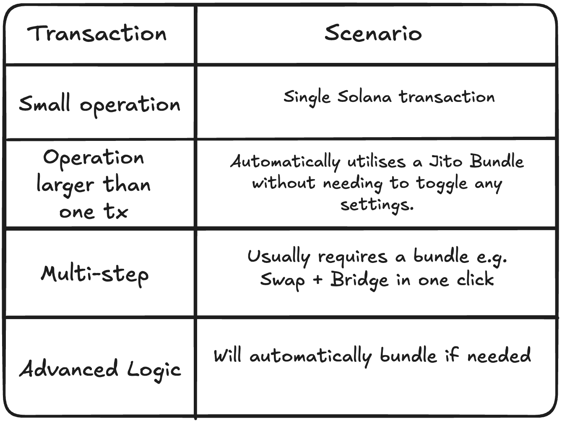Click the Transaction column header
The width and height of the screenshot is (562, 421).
tap(97, 33)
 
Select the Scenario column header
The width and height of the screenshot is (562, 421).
tap(373, 33)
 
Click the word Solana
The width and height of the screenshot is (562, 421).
tap(364, 97)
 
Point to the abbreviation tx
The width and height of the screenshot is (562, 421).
tap(115, 212)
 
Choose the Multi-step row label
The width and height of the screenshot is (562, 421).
tap(95, 275)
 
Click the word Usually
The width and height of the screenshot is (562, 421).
tap(279, 257)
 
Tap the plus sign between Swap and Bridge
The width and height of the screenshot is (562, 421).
tap(317, 279)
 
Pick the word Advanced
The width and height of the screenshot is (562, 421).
tap(69, 368)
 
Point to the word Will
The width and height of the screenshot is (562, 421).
tap(227, 356)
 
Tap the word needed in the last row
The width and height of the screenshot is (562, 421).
tap(499, 355)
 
